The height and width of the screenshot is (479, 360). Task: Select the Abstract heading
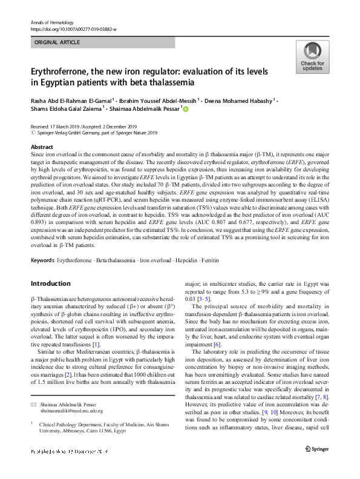(42, 147)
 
